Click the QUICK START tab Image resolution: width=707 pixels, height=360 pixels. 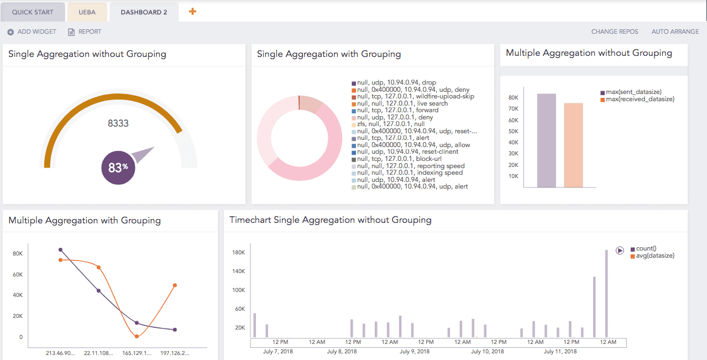(x=33, y=12)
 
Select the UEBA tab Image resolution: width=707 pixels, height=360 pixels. (x=87, y=12)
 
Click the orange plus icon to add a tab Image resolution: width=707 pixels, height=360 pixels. (x=192, y=11)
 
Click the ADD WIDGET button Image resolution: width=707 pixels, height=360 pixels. (x=32, y=32)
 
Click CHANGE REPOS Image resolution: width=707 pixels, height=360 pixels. (x=614, y=32)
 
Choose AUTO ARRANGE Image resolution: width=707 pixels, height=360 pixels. (x=675, y=32)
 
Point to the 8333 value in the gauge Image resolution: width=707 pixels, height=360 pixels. (x=118, y=123)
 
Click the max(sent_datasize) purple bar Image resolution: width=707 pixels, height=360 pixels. (x=546, y=140)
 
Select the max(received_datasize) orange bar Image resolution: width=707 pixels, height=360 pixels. (x=573, y=145)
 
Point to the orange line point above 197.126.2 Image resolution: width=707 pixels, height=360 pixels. (x=175, y=285)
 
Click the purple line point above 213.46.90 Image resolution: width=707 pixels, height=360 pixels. (x=60, y=250)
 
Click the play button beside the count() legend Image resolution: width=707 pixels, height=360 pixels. (x=620, y=251)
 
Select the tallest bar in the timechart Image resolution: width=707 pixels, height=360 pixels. (x=606, y=293)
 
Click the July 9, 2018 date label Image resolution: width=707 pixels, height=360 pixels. (x=414, y=351)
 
